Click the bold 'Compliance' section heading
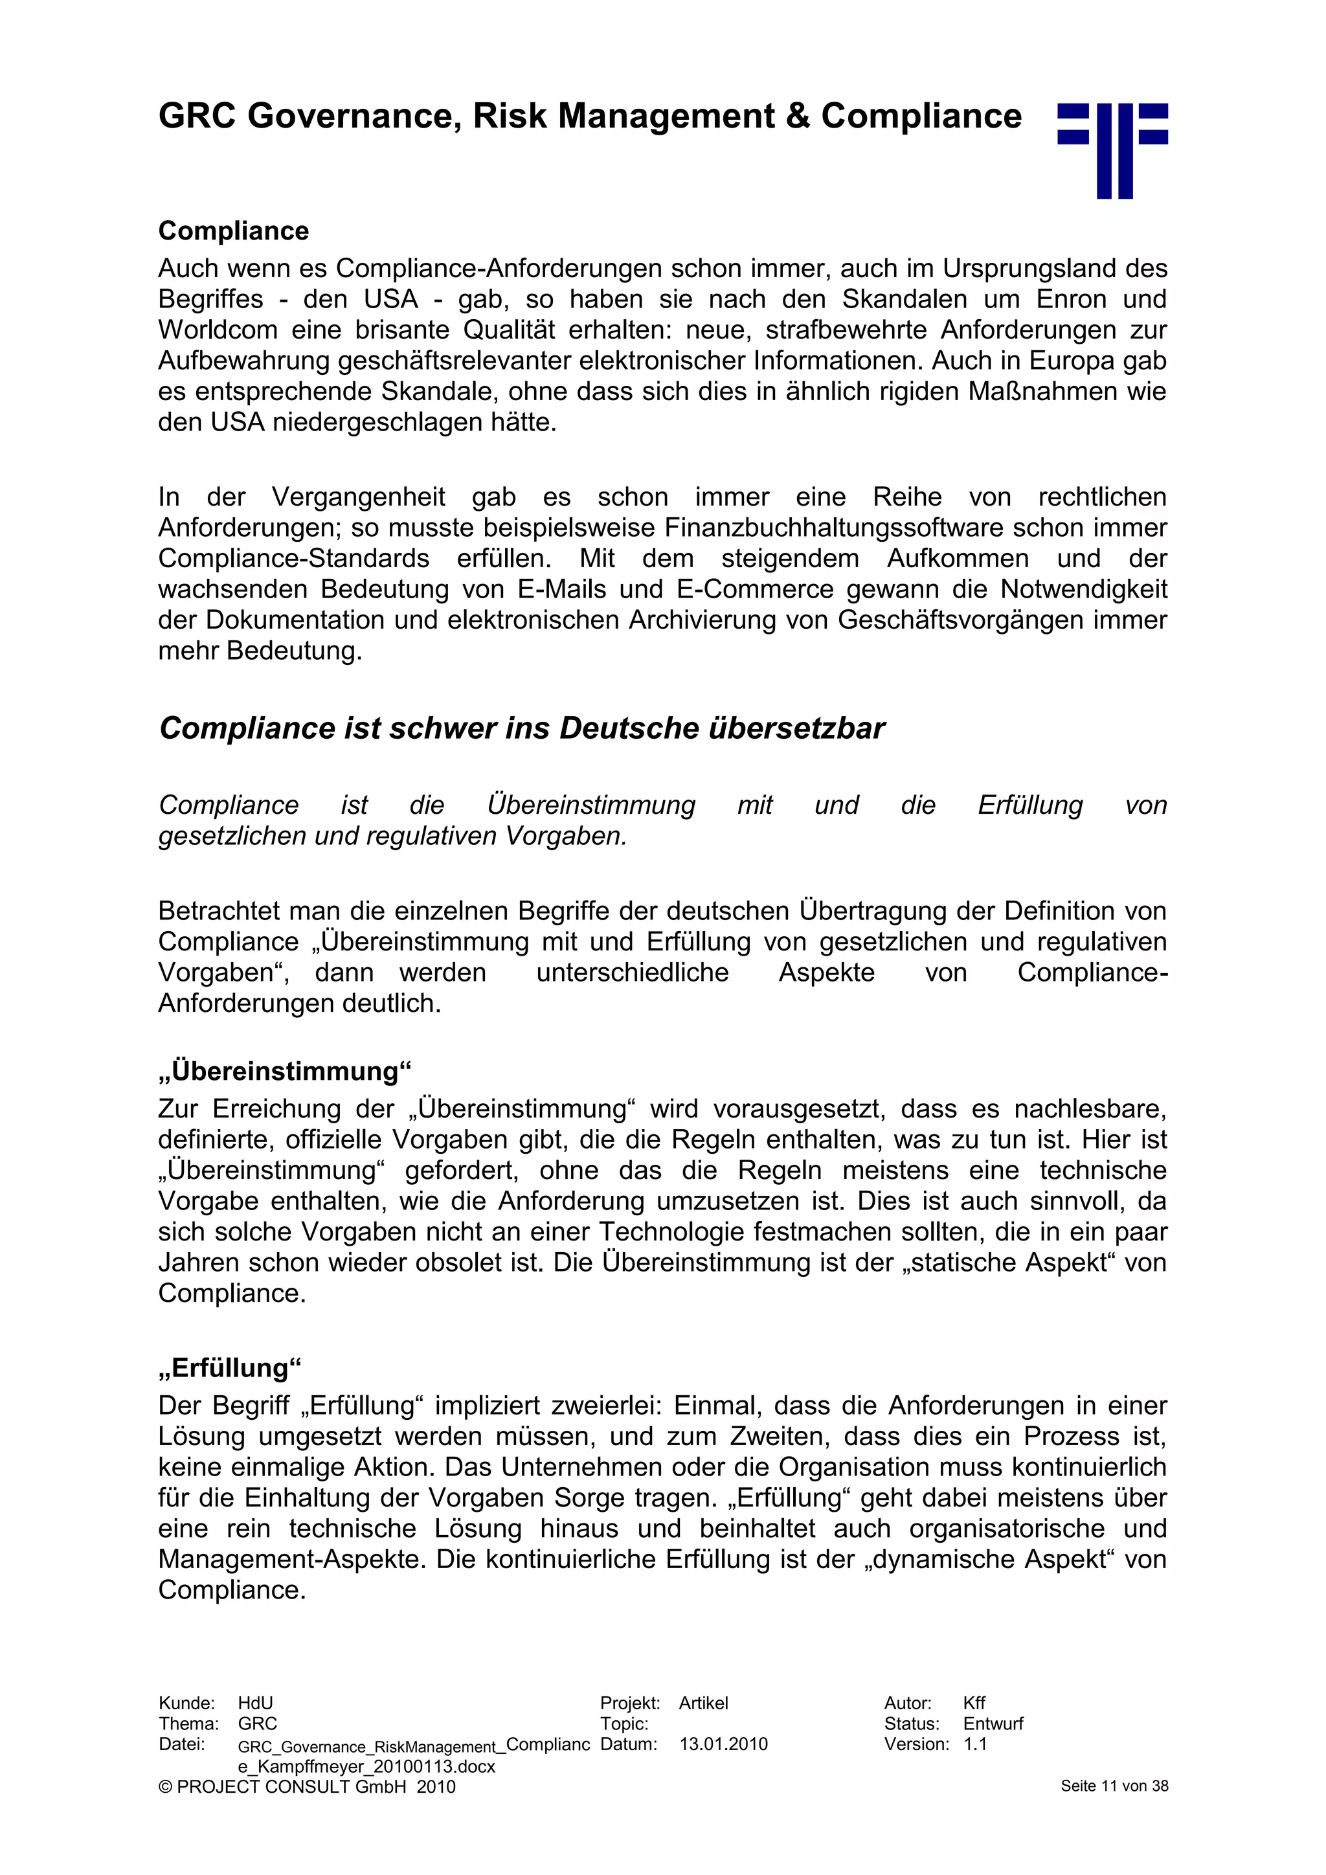pyautogui.click(x=234, y=231)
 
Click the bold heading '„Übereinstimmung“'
pyautogui.click(x=285, y=1071)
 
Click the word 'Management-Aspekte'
pyautogui.click(x=292, y=1558)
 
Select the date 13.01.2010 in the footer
pyautogui.click(x=723, y=1744)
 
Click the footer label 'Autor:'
pyautogui.click(x=907, y=1703)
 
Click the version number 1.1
pyautogui.click(x=975, y=1744)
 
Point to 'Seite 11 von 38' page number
pyautogui.click(x=1114, y=1786)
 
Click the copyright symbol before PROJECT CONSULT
pyautogui.click(x=166, y=1787)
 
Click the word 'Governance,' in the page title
pyautogui.click(x=350, y=116)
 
